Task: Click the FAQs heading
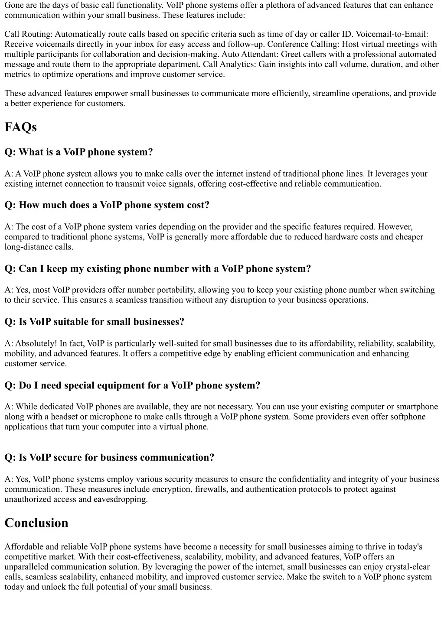(x=20, y=127)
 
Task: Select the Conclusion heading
(x=36, y=523)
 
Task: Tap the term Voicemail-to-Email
(x=392, y=34)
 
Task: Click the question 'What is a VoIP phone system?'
(x=78, y=152)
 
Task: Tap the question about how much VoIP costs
(x=107, y=205)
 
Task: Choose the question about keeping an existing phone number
(x=157, y=269)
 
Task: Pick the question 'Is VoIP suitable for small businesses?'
(x=94, y=322)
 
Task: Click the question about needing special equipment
(x=132, y=386)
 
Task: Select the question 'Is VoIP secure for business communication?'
(x=109, y=458)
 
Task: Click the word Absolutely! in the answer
(x=36, y=343)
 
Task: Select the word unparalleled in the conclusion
(x=27, y=567)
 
